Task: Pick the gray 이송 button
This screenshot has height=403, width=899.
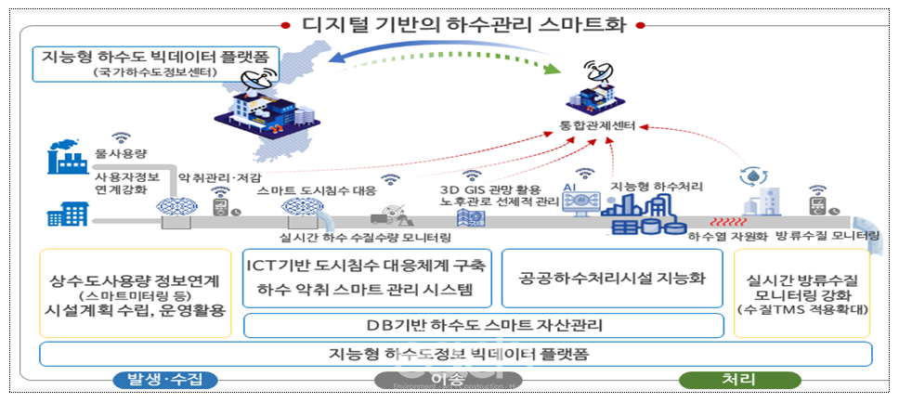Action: [x=448, y=380]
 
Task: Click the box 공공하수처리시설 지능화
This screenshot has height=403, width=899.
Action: [x=612, y=279]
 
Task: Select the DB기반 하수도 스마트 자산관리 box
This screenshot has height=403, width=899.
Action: [x=483, y=325]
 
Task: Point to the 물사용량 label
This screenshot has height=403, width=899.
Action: [x=118, y=152]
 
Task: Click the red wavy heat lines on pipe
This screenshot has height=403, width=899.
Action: [x=730, y=223]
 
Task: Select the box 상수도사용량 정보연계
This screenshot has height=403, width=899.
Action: [x=137, y=292]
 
